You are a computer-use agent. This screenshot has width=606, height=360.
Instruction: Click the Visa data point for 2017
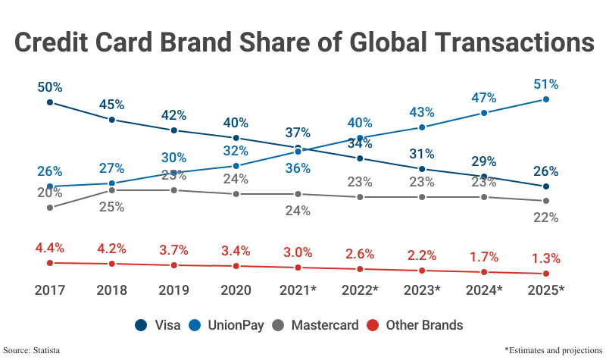coord(50,102)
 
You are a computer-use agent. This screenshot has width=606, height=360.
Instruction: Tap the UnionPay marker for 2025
coord(545,99)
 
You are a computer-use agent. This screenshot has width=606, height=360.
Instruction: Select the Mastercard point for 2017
coord(50,207)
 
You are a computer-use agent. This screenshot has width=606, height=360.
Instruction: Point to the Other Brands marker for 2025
coord(545,274)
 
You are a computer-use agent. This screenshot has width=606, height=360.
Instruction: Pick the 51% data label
coord(545,83)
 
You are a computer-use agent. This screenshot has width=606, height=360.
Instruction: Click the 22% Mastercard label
coord(545,218)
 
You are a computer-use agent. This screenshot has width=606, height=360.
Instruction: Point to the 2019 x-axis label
coord(174,290)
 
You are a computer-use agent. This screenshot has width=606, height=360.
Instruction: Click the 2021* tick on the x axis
coord(298,290)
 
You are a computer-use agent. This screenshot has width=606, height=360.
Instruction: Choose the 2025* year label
coord(545,290)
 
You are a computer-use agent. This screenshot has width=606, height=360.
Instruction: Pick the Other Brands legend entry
coord(415,325)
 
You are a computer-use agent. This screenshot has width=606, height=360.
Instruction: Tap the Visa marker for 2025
coord(545,186)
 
